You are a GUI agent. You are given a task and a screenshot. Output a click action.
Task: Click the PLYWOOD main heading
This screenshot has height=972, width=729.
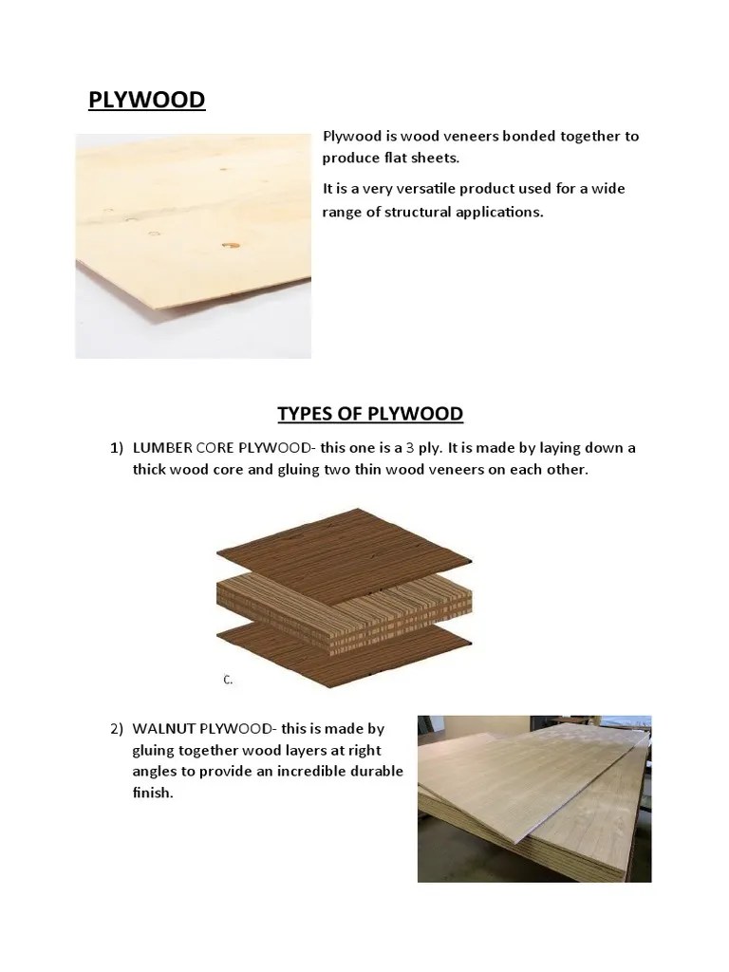[146, 100]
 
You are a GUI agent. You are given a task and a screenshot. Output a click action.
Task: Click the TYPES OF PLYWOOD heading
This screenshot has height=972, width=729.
[369, 413]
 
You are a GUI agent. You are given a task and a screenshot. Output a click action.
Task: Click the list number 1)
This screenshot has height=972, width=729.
[117, 448]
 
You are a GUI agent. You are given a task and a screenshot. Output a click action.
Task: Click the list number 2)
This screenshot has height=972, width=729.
[117, 729]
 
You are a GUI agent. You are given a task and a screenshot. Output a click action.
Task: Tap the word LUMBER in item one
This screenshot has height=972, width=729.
[165, 448]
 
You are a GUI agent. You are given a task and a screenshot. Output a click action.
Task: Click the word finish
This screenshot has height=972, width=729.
[153, 793]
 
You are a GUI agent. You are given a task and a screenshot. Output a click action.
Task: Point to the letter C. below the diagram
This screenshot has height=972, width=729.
[228, 680]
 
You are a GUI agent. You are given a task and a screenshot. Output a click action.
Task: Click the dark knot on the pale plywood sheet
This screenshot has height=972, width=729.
[229, 246]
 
